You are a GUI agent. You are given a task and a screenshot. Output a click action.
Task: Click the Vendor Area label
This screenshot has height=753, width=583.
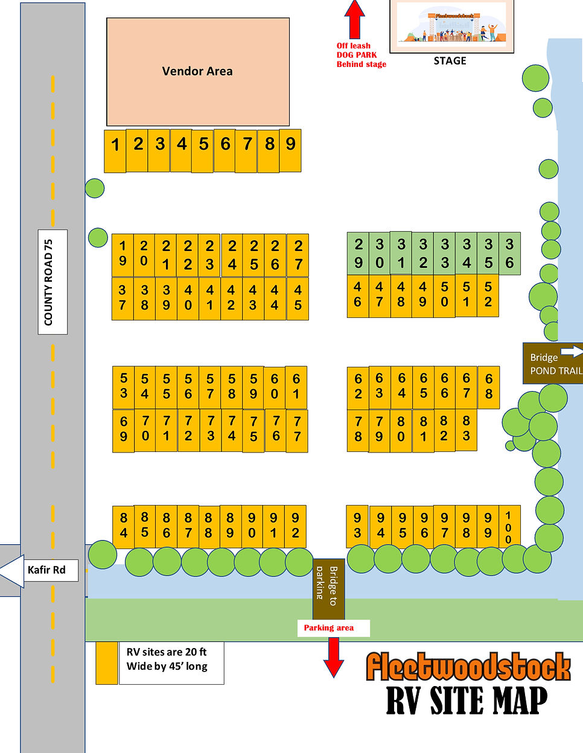(197, 71)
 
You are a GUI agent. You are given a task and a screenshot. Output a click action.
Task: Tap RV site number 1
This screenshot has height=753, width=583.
(115, 151)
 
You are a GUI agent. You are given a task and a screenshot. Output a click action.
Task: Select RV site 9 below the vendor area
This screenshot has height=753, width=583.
(290, 150)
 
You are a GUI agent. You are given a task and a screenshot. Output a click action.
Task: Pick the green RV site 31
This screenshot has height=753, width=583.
(401, 253)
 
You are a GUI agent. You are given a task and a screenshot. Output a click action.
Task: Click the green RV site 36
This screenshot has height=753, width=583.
(509, 254)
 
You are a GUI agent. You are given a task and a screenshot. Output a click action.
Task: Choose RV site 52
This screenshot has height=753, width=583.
(488, 295)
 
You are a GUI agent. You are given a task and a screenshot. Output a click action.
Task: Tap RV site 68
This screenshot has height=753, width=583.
(489, 387)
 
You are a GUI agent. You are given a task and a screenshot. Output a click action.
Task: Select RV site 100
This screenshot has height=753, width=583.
(509, 526)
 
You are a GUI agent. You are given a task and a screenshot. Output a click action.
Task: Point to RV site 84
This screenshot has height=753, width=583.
(123, 526)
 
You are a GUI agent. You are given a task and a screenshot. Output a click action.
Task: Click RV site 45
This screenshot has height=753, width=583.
(298, 298)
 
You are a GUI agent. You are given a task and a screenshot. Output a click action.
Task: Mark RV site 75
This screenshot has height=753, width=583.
(253, 431)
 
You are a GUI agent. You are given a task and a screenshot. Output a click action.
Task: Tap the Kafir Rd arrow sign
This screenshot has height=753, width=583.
(40, 570)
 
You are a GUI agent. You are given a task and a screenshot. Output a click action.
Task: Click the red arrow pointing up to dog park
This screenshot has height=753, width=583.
(354, 19)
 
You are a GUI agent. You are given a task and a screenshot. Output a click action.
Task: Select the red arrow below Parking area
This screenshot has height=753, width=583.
(333, 657)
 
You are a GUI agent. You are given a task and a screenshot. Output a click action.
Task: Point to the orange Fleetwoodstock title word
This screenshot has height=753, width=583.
(468, 667)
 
